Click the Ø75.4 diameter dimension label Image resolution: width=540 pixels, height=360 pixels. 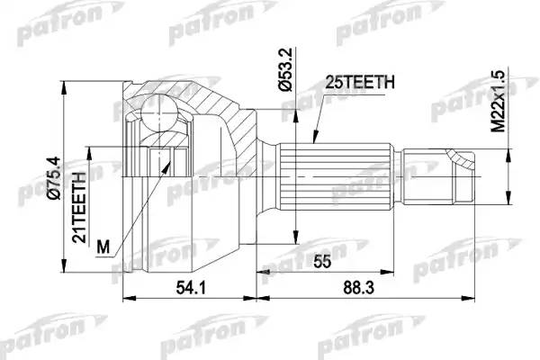pyautogui.click(x=55, y=178)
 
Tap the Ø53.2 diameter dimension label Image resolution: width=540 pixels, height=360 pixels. pyautogui.click(x=286, y=69)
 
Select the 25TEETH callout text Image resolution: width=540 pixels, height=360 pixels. pyautogui.click(x=360, y=82)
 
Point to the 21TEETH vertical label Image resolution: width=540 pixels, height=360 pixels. pyautogui.click(x=79, y=207)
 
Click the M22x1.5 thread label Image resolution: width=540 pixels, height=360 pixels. pyautogui.click(x=498, y=102)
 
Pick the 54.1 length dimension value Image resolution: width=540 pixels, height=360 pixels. pyautogui.click(x=191, y=288)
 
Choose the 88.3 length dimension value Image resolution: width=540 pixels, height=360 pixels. pyautogui.click(x=358, y=288)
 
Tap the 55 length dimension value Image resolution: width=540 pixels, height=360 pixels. pyautogui.click(x=323, y=262)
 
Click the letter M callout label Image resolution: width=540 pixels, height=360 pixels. pyautogui.click(x=103, y=247)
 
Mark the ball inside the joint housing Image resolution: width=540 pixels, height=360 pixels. pyautogui.click(x=159, y=112)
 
